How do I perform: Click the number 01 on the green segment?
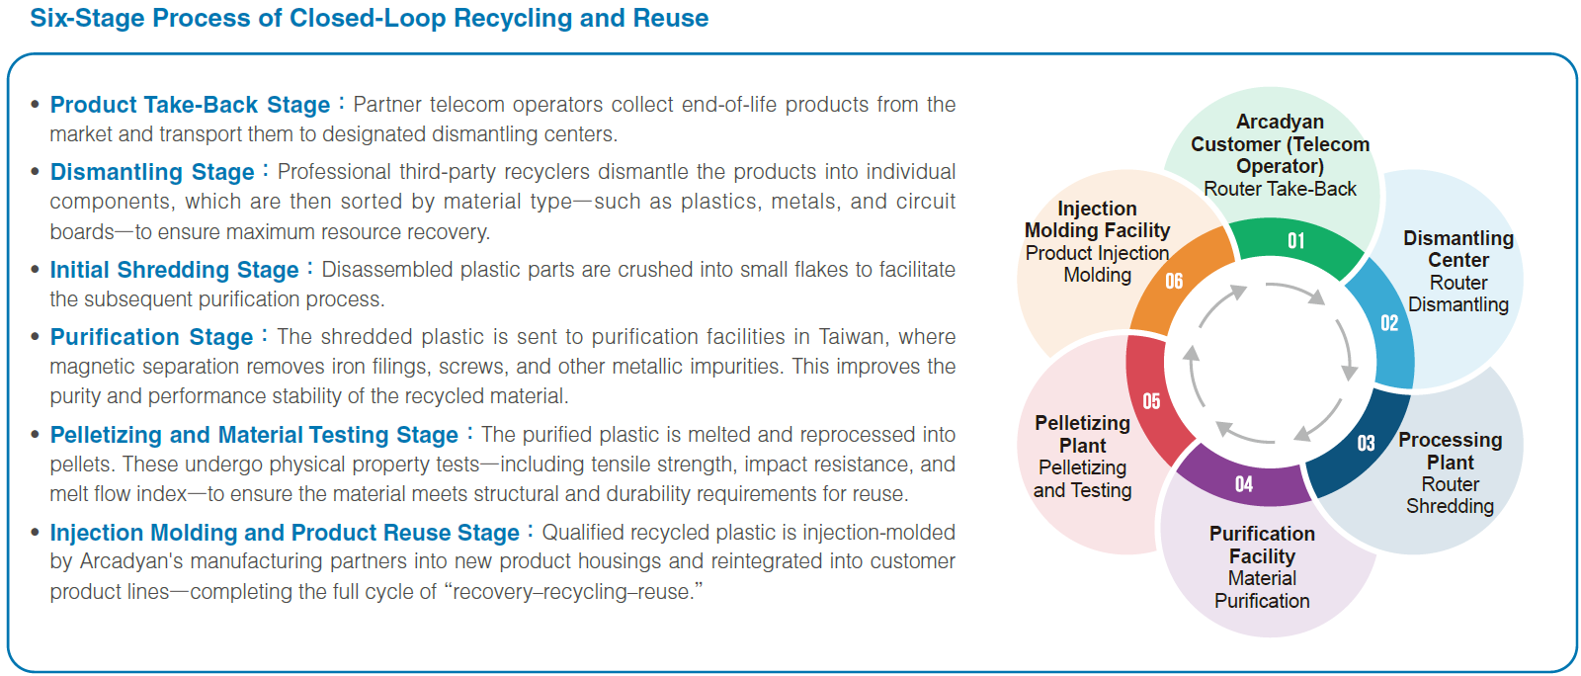coord(1295,241)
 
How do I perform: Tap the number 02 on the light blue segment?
coord(1389,323)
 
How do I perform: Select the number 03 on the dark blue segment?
coord(1366,444)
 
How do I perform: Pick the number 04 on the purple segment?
coord(1244,484)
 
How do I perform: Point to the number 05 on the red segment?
coord(1151,401)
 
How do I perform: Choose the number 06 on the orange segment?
coord(1174,282)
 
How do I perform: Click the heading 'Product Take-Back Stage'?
coord(190,105)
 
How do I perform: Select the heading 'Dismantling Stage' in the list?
coord(152,172)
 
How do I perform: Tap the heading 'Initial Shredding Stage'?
coord(174,270)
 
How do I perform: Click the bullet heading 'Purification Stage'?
coord(151,337)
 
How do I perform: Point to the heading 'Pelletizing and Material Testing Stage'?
coord(254,435)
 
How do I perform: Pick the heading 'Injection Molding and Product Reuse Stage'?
coord(285,533)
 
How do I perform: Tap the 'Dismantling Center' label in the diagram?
coord(1457,249)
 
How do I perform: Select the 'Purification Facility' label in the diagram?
coord(1262,545)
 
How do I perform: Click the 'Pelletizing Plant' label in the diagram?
coord(1082,434)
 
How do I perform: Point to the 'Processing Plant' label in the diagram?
coord(1450,451)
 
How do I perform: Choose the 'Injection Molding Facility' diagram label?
coord(1097,219)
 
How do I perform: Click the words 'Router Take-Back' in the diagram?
coord(1280,189)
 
